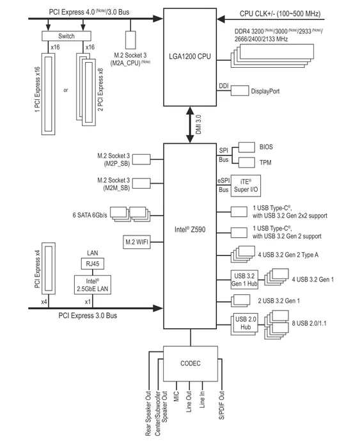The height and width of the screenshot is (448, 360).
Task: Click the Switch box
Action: (67, 36)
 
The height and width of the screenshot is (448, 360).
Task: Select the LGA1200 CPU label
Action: (190, 56)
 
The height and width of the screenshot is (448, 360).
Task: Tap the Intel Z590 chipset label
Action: (190, 229)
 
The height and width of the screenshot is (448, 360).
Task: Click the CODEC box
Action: (191, 364)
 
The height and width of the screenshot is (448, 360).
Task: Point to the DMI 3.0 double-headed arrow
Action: (190, 125)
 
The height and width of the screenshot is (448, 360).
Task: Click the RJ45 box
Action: (93, 264)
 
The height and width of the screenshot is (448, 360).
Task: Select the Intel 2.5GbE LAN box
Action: (93, 285)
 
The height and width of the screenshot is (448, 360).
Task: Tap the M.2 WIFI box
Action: (137, 242)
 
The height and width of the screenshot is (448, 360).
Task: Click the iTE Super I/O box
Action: (246, 186)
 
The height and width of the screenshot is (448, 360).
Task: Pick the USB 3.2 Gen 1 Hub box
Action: (244, 280)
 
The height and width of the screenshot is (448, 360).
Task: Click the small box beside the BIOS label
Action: (247, 147)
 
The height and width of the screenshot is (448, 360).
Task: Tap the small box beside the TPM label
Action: (247, 163)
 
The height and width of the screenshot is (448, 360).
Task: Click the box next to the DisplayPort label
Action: (240, 91)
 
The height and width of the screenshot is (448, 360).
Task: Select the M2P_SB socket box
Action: (141, 159)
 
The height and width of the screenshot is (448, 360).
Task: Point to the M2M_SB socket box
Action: (141, 184)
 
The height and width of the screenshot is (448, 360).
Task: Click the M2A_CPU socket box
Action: (130, 40)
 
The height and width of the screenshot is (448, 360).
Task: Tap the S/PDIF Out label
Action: (221, 405)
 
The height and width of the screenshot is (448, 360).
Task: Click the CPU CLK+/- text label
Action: (280, 13)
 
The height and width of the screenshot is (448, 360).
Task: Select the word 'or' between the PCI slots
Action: (66, 90)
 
